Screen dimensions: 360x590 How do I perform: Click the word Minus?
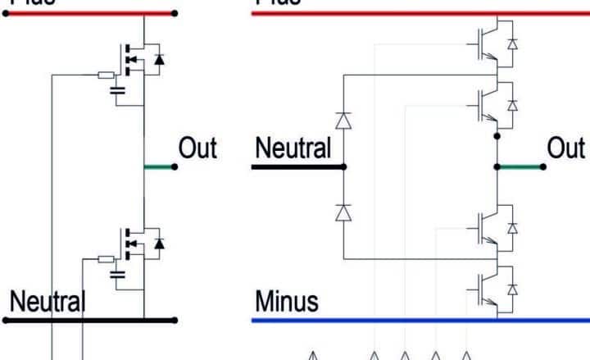pos(286,301)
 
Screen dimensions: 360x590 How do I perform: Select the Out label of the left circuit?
pos(197,148)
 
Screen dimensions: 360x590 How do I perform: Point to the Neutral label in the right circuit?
pos(293,148)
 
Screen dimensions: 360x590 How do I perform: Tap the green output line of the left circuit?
pos(159,166)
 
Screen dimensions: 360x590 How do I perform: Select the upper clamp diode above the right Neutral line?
pos(343,120)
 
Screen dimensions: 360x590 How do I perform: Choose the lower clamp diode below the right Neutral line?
pos(343,213)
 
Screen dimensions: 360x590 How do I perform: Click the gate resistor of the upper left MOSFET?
pos(106,75)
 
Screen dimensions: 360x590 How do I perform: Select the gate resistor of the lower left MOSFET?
pos(106,258)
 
